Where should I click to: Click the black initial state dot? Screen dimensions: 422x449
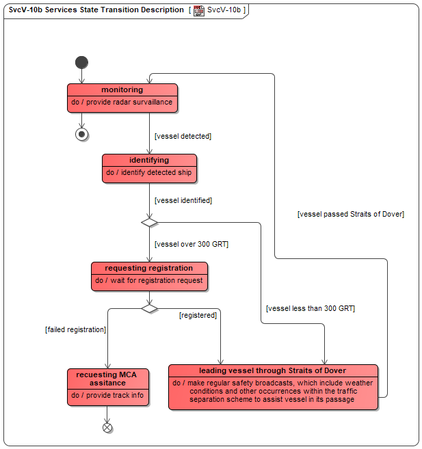point(81,62)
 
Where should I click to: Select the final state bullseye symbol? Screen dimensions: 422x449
point(81,135)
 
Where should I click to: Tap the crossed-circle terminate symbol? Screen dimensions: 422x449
point(107,428)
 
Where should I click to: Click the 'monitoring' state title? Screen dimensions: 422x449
point(122,90)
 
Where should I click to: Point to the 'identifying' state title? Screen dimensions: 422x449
point(149,160)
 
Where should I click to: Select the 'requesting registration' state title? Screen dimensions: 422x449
point(149,268)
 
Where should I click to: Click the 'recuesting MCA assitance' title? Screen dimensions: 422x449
point(107,379)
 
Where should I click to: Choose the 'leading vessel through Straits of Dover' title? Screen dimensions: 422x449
point(273,370)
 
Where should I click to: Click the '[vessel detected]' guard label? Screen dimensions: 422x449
point(183,136)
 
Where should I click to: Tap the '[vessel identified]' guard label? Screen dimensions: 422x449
point(183,200)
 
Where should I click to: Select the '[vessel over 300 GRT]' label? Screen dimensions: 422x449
point(192,244)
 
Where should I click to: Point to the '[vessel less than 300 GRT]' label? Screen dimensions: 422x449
point(311,308)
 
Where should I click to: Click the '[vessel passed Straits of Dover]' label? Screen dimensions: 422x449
point(351,214)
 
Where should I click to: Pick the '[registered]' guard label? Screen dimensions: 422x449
point(198,315)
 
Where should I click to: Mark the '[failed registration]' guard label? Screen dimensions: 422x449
point(76,329)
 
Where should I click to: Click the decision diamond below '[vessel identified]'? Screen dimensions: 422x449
point(149,223)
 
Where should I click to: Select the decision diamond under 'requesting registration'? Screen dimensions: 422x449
point(149,309)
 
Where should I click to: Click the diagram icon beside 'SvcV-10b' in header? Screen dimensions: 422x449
point(199,11)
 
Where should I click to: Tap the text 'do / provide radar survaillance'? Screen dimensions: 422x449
point(122,103)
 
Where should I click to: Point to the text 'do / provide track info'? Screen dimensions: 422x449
point(107,396)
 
